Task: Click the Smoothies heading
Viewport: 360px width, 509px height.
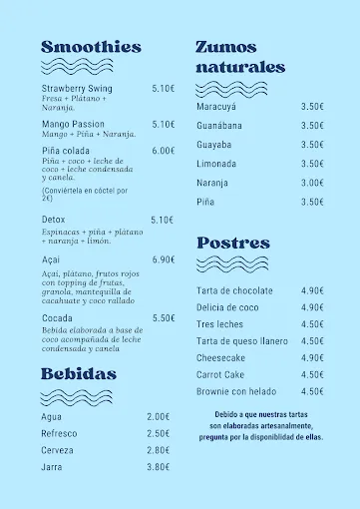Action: tap(91, 47)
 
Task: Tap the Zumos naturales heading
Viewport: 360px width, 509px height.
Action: tap(240, 57)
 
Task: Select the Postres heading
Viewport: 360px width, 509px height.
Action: tap(233, 243)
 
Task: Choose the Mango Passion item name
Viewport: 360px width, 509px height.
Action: tap(73, 124)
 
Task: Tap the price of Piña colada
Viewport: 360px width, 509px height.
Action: tap(164, 151)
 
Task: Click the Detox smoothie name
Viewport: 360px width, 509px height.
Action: tap(54, 220)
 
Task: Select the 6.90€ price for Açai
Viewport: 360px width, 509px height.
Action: tap(164, 259)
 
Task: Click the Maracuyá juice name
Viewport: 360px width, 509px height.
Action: tap(216, 106)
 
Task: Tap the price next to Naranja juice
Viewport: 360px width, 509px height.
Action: tap(312, 183)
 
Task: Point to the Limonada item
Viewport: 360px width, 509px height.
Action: tap(216, 164)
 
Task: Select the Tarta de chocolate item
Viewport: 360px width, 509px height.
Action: tap(234, 290)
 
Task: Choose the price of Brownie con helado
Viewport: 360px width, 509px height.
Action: tap(312, 391)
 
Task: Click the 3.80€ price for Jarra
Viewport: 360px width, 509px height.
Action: tap(158, 466)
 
